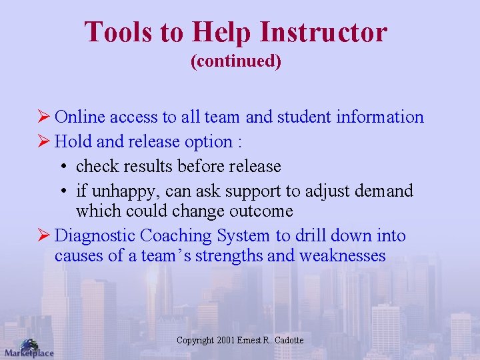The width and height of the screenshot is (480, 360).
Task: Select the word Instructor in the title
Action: (324, 32)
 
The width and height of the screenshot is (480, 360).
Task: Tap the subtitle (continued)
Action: (236, 62)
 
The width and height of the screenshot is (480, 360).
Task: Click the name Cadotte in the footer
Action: (288, 341)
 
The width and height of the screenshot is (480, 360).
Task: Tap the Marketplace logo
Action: (28, 348)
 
